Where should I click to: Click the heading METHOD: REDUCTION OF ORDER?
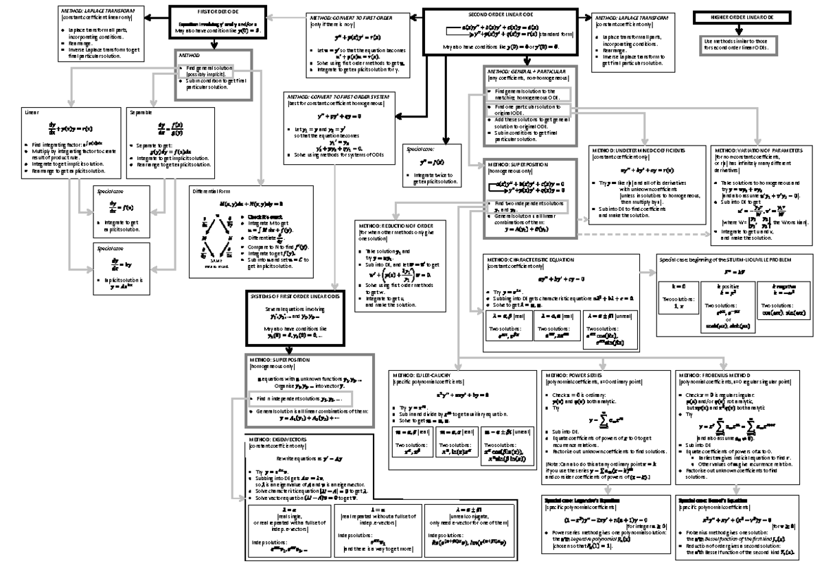(x=396, y=225)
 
